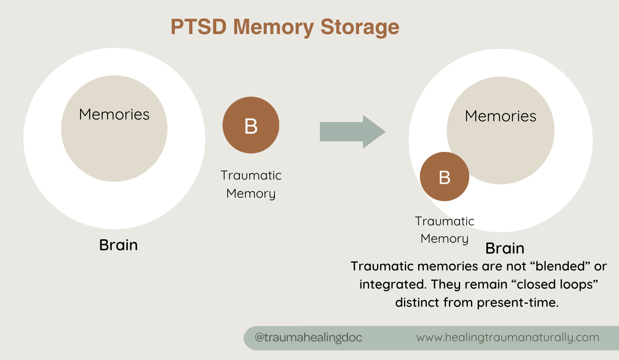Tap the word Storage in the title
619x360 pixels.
pyautogui.click(x=360, y=27)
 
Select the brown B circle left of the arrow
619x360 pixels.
pyautogui.click(x=251, y=125)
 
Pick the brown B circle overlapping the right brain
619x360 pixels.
pyautogui.click(x=445, y=177)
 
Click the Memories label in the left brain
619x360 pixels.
pyautogui.click(x=114, y=114)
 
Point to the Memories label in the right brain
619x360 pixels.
pyautogui.click(x=500, y=116)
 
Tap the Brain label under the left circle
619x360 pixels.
pyautogui.click(x=118, y=245)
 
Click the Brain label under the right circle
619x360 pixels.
pyautogui.click(x=505, y=248)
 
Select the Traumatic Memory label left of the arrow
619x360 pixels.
pyautogui.click(x=251, y=184)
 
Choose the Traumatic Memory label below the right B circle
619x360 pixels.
pyautogui.click(x=445, y=230)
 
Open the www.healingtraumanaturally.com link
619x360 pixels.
pyautogui.click(x=508, y=337)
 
